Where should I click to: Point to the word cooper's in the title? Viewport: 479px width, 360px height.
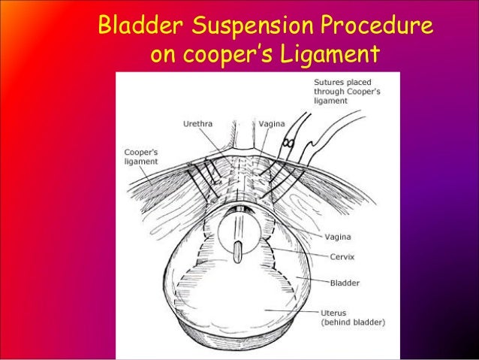229,56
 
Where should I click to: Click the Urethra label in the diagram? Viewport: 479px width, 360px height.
196,123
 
